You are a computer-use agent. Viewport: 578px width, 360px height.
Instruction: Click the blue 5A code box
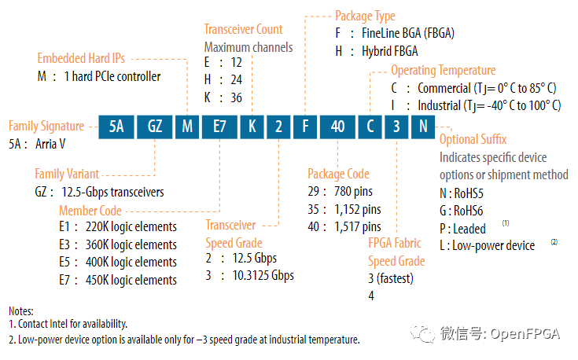[116, 127]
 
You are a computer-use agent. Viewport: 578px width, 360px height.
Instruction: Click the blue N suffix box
[424, 127]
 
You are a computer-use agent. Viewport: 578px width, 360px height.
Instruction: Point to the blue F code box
[304, 127]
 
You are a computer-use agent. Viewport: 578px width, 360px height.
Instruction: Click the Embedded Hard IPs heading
[81, 58]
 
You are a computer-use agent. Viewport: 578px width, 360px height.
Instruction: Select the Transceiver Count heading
[243, 30]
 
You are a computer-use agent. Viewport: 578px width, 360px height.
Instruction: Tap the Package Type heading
[365, 16]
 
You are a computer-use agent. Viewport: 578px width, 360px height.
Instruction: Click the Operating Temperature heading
[444, 71]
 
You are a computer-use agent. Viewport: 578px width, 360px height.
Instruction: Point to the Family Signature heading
[46, 126]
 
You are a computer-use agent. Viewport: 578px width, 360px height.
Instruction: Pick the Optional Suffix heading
[473, 140]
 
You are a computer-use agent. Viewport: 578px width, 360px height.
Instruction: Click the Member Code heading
[90, 210]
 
